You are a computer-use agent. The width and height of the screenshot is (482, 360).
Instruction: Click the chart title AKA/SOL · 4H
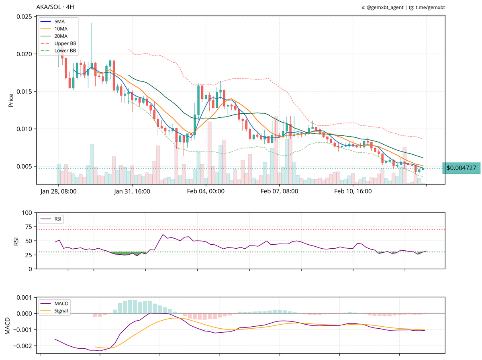(55, 7)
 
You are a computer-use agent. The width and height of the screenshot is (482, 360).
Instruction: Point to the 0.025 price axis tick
(24, 16)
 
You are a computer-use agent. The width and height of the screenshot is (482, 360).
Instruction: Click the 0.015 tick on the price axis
(24, 92)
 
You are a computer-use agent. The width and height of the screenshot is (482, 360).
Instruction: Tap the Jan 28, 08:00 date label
(59, 191)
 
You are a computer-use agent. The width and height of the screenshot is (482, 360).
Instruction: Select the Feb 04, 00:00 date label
(206, 191)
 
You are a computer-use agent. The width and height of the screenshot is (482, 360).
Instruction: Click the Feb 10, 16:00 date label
(353, 191)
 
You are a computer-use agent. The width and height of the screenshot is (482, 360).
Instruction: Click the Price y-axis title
(11, 100)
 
